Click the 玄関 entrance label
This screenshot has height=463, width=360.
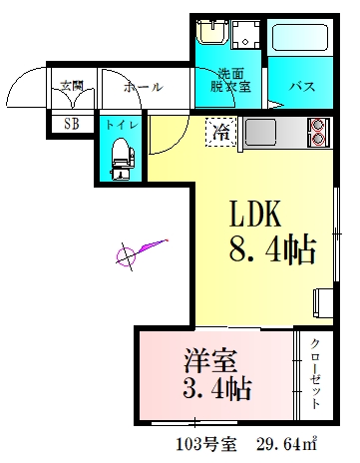click(70, 86)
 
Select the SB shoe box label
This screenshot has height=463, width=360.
click(71, 124)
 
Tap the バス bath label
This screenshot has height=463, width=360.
click(301, 86)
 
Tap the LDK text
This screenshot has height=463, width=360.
click(258, 214)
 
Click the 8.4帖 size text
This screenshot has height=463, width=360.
click(272, 248)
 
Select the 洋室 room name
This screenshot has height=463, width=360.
click(211, 356)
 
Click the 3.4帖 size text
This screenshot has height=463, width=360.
click(216, 386)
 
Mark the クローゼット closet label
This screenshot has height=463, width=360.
click(315, 372)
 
